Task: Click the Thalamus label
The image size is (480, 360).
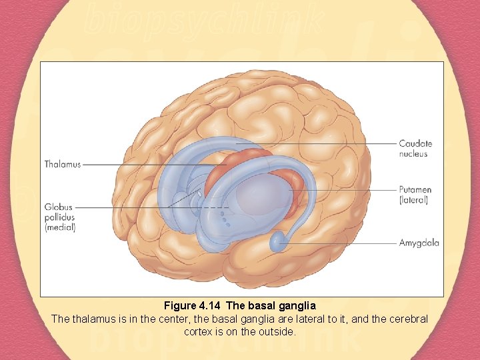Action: point(63,165)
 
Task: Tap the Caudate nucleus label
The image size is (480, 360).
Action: point(415,148)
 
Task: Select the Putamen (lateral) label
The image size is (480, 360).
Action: point(413,195)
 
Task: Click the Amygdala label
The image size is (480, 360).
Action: point(419,243)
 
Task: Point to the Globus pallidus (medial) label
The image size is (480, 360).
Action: point(60,217)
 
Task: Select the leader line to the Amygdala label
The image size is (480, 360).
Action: point(340,243)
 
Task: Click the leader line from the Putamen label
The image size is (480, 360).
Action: point(347,190)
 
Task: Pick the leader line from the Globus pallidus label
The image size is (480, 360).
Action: point(133,207)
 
